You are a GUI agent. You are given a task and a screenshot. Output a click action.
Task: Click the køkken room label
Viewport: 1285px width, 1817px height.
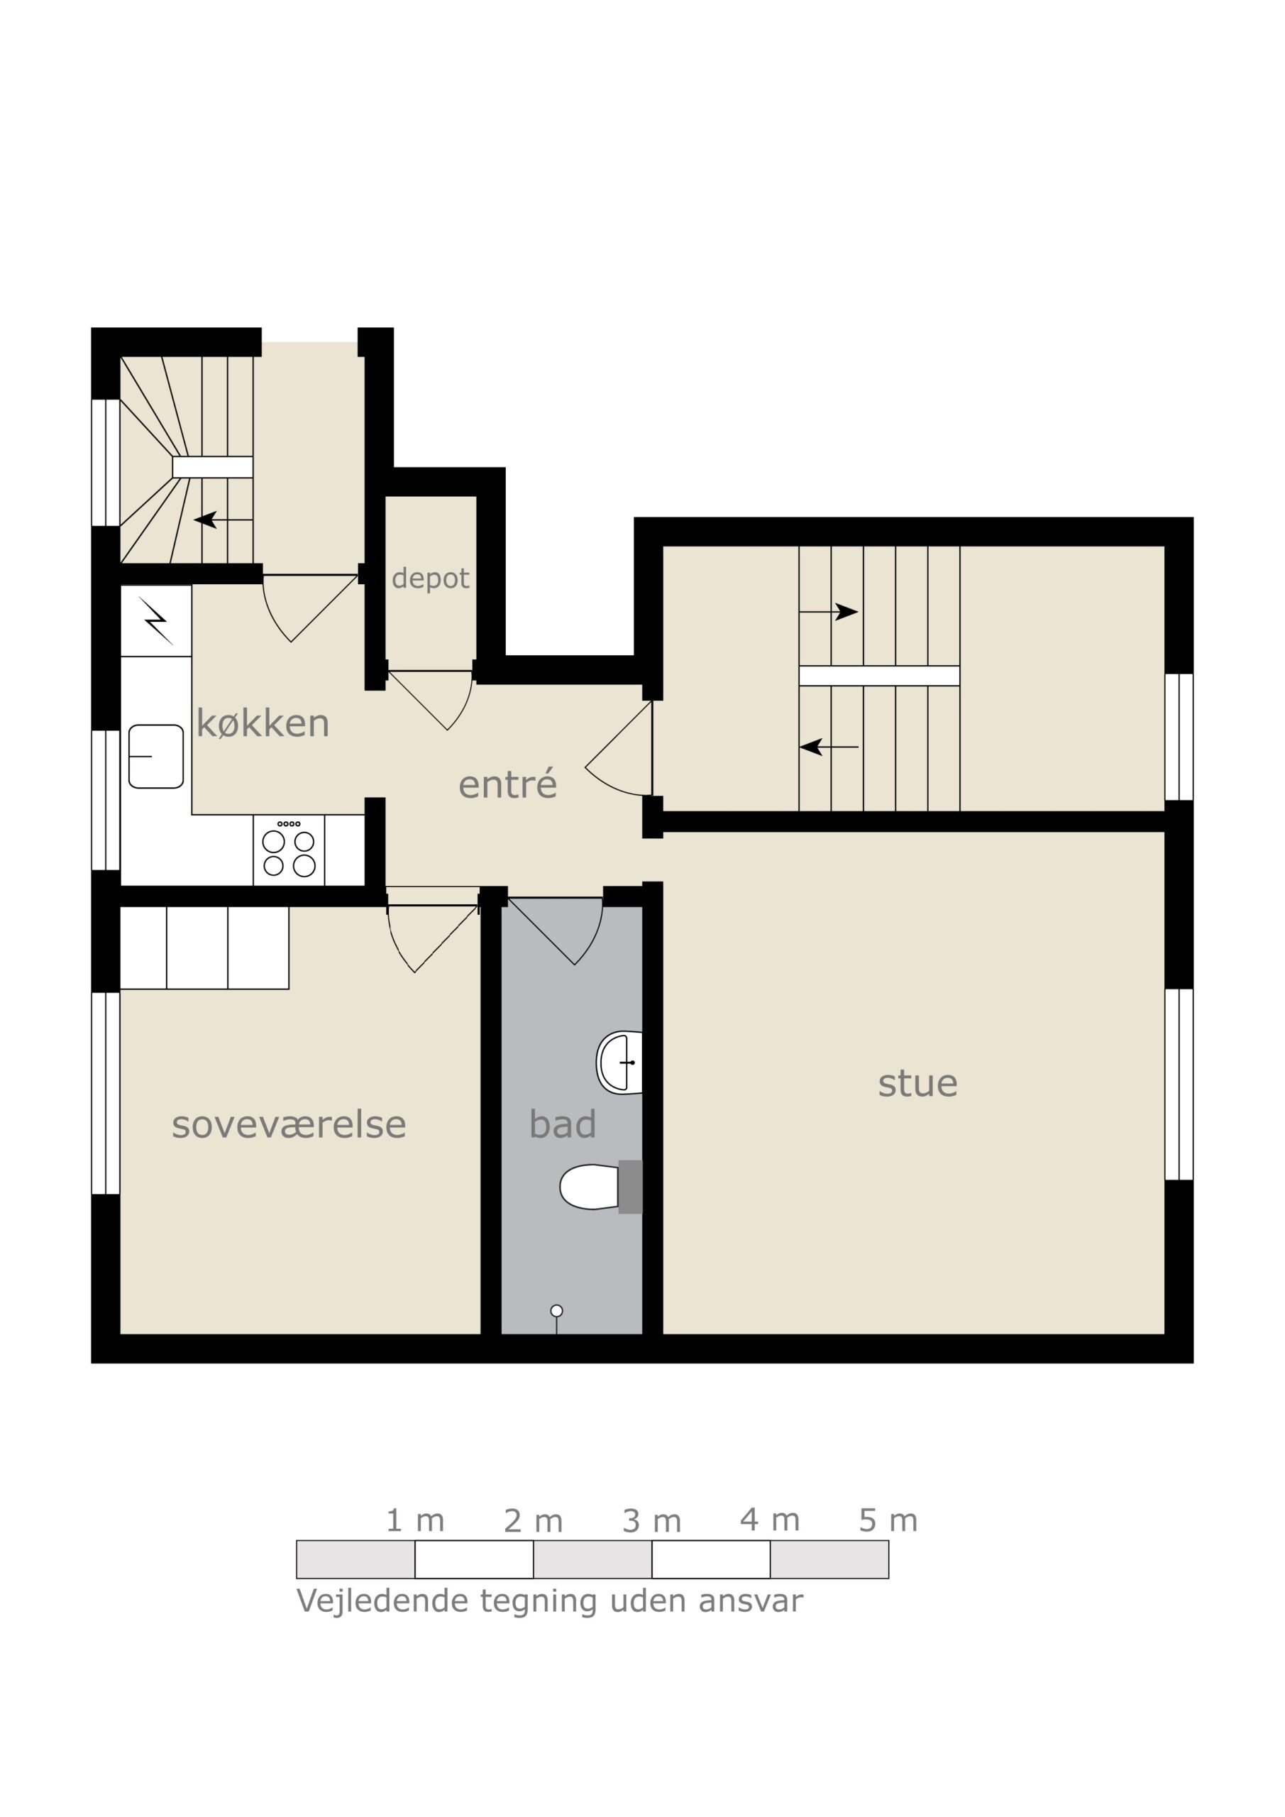click(263, 723)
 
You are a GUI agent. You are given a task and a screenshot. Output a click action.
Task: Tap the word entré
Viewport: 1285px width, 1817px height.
click(508, 784)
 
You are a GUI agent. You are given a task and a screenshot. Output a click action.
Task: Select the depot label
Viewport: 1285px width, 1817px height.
click(431, 578)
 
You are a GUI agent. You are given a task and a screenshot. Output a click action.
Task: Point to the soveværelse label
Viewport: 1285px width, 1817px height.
click(289, 1124)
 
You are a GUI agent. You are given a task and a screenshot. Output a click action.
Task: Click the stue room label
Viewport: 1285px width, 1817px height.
click(918, 1083)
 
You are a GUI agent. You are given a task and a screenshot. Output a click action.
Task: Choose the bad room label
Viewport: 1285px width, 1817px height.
click(563, 1124)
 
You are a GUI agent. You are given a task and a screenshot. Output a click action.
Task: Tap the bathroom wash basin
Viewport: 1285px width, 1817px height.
click(619, 1063)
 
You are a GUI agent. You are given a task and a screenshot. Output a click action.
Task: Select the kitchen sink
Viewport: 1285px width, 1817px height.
click(156, 757)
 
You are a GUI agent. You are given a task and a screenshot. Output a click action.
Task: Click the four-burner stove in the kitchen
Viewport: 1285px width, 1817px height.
click(289, 850)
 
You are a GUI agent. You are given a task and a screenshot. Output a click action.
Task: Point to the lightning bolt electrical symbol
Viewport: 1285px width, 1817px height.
click(156, 621)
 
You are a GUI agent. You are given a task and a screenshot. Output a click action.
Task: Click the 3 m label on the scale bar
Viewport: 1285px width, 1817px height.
click(651, 1521)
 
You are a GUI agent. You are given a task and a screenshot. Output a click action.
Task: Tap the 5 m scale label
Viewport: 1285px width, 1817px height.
click(888, 1520)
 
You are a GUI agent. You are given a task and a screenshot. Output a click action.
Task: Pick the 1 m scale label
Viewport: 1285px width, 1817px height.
click(414, 1520)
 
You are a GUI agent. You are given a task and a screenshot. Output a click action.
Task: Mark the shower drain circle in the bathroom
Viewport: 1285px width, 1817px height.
click(556, 1312)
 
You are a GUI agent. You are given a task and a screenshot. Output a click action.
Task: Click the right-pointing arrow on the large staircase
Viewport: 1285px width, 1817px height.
click(829, 612)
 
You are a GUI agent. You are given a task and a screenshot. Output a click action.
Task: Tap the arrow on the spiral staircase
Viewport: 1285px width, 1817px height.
click(223, 520)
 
